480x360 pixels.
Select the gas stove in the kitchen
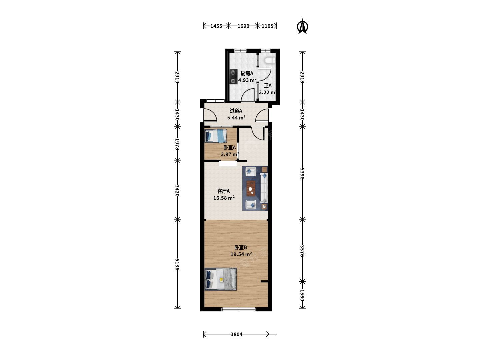coord(233,77)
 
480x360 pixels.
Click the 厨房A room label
coord(247,73)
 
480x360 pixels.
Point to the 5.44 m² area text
coord(236,117)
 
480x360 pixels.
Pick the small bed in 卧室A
coord(216,136)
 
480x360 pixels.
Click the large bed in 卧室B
coord(221,280)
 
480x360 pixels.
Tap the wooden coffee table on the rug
coord(251,188)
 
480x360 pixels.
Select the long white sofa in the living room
coord(264,188)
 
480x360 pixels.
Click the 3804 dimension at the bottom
coord(236,334)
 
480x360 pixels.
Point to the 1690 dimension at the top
coord(243,26)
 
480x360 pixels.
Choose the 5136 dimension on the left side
coord(177,264)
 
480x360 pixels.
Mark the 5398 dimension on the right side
coord(302,173)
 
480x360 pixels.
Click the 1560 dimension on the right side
coord(302,295)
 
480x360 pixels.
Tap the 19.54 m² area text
coord(241,254)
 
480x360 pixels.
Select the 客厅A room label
coord(223,191)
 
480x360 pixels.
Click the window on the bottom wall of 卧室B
coord(239,309)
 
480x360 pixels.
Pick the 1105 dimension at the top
coord(267,26)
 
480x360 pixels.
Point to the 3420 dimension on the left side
coord(177,190)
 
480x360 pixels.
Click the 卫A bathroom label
coord(268,85)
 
